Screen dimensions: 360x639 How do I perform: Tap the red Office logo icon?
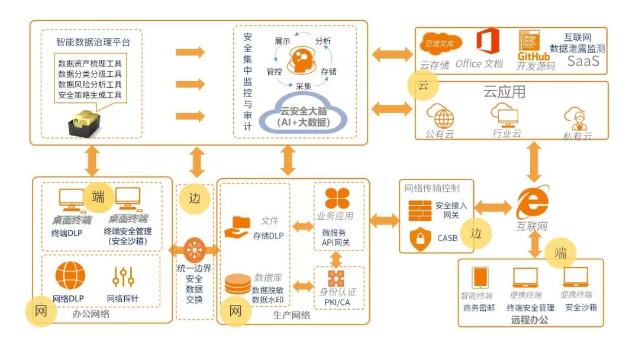[486, 42]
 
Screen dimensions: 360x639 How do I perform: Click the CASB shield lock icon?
[419, 239]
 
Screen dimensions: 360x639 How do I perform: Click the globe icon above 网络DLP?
[70, 275]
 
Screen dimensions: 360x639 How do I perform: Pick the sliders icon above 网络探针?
[123, 277]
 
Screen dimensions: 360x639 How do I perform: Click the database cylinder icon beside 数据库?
[238, 284]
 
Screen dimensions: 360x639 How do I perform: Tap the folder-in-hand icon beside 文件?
[240, 227]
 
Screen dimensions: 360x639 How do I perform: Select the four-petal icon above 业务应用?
[337, 198]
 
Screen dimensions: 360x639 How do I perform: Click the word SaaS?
[583, 60]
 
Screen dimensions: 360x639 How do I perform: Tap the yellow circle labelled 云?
[423, 85]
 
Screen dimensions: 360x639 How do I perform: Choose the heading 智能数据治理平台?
[93, 42]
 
